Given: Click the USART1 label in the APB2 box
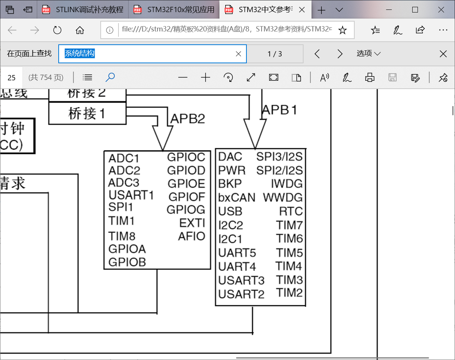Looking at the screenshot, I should point(131,195).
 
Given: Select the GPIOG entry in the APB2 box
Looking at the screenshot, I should point(186,210).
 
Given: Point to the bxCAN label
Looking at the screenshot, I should point(237,197).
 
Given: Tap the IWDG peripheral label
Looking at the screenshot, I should point(287,184).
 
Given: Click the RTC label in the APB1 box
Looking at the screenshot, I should point(291,211).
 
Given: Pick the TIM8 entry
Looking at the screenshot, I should point(122,236).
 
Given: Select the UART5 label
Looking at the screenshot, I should point(237,253).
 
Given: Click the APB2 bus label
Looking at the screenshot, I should point(187,119).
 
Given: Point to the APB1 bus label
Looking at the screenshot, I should point(280,110).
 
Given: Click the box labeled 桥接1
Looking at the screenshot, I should point(87,113).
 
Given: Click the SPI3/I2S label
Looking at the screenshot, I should point(279,157).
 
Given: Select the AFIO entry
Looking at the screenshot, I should point(192,236).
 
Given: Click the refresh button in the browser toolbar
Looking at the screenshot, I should point(57,30).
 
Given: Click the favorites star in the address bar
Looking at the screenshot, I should point(342,30).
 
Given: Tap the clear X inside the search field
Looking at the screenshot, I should point(238,54).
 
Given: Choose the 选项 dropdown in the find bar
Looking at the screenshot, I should point(368,53).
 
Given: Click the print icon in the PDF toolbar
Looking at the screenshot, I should point(369,78).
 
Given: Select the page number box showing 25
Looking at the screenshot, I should point(12,78).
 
